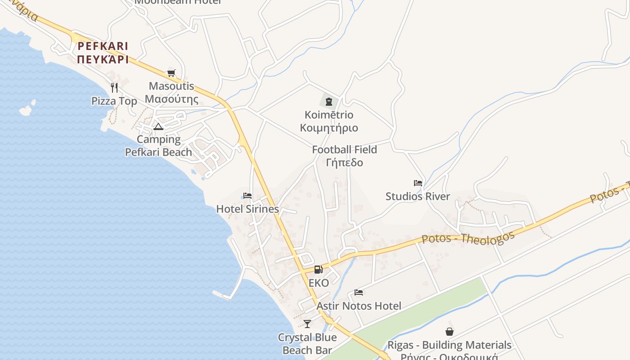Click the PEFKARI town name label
[x=103, y=53]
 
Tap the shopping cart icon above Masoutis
[x=171, y=73]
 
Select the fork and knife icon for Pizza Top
[x=114, y=87]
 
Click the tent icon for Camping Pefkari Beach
[x=158, y=126]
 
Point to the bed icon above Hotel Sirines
[x=247, y=196]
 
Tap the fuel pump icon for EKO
[x=318, y=270]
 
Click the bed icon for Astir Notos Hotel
[x=359, y=292]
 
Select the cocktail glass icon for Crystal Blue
[x=307, y=324]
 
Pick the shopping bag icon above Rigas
[x=449, y=332]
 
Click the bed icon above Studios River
[x=418, y=183]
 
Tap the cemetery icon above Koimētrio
[x=329, y=102]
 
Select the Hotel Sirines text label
[x=247, y=209]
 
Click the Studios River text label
[x=418, y=196]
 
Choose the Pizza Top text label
[x=114, y=101]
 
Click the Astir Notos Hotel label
[x=359, y=306]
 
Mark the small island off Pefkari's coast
[x=27, y=109]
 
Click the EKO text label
[x=319, y=283]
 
